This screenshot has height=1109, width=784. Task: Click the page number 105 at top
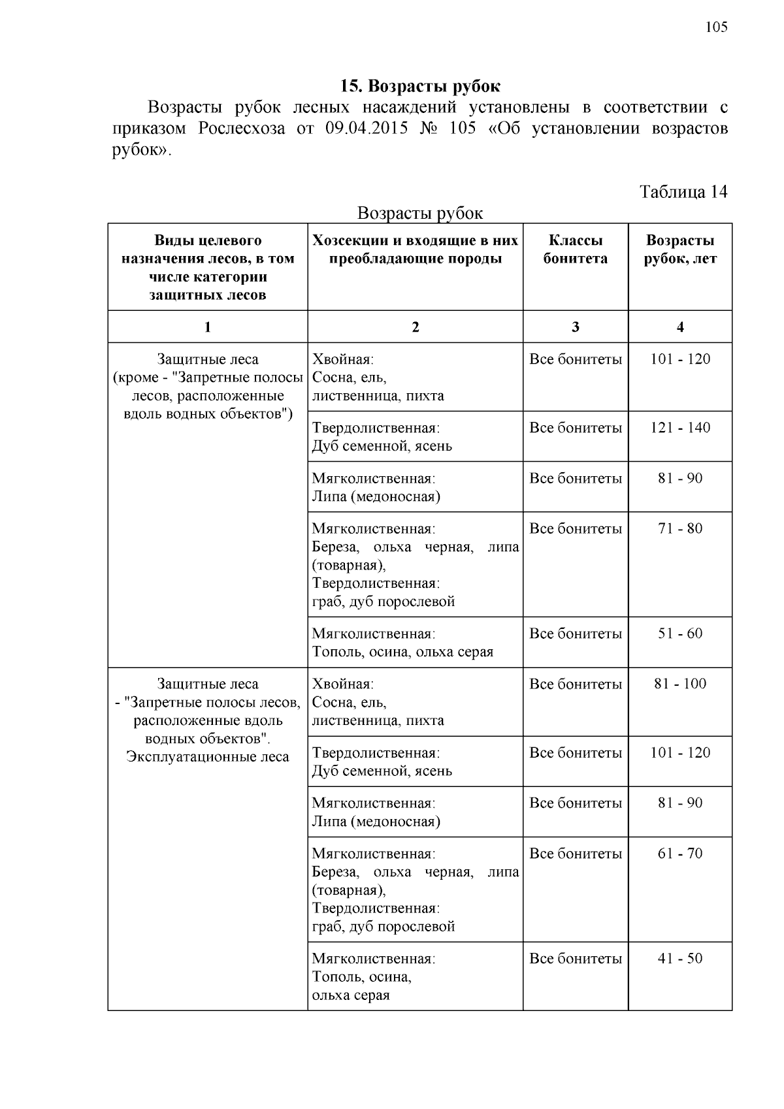tap(716, 27)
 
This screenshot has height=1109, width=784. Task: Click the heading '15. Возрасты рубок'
tap(420, 86)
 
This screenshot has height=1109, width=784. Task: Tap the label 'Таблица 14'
tap(683, 192)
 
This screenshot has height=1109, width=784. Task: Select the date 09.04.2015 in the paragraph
tap(366, 128)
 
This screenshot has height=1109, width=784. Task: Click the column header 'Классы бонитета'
tap(575, 249)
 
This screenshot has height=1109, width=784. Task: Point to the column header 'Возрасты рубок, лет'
tap(680, 249)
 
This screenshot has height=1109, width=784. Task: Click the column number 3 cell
tap(575, 327)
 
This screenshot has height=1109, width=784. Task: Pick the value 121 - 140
tap(680, 428)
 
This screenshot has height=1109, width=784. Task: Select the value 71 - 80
tap(680, 528)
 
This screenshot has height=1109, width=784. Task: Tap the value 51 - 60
tap(680, 634)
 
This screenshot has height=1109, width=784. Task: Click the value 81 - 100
tap(680, 684)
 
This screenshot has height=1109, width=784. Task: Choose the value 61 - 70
tap(680, 854)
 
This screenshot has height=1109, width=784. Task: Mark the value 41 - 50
tap(680, 959)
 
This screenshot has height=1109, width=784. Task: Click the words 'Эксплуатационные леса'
tap(207, 757)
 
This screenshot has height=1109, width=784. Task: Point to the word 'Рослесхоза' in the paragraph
tap(241, 128)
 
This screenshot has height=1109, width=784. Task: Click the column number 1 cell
tap(207, 327)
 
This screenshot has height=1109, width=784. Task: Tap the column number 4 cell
tap(680, 327)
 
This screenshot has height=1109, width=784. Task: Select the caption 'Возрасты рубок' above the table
tap(420, 214)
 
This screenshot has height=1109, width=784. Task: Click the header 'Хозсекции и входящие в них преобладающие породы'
tap(415, 249)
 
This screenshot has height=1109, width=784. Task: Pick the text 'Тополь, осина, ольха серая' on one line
tap(402, 652)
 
